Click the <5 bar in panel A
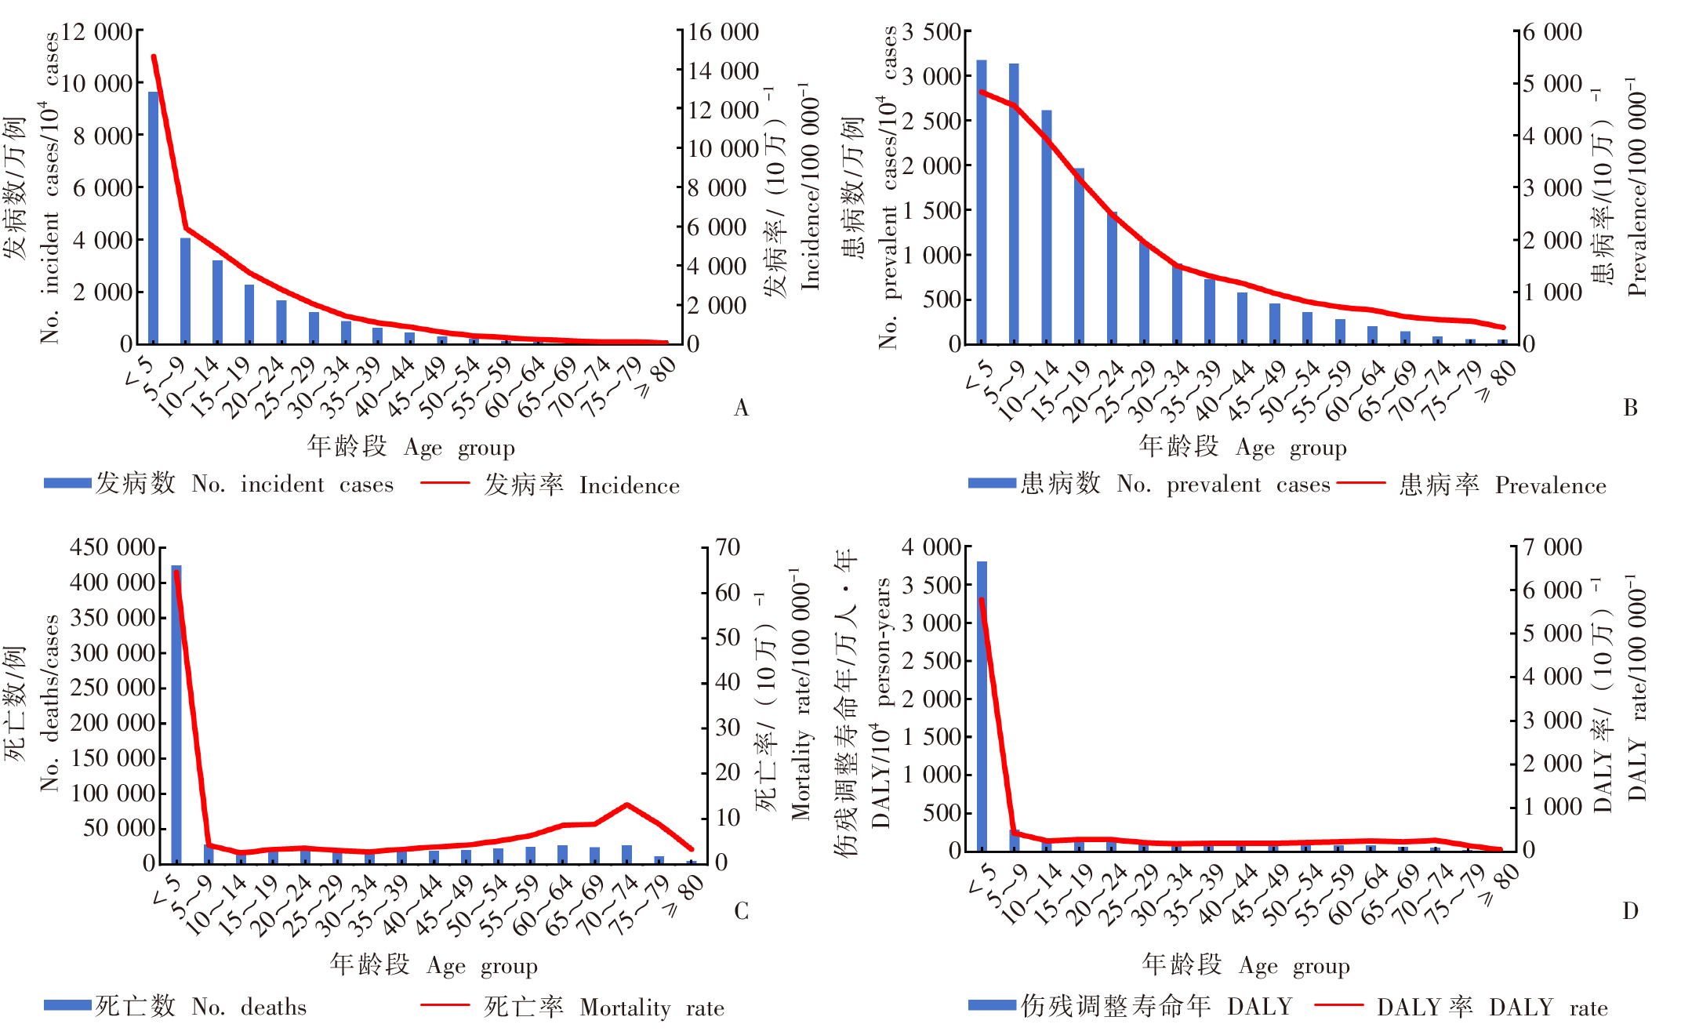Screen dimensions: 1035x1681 (153, 218)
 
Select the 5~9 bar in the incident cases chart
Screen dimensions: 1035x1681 (185, 291)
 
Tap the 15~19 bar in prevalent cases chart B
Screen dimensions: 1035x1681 (1079, 256)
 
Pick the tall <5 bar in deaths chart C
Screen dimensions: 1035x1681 (176, 714)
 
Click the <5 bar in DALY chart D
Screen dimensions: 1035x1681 (982, 706)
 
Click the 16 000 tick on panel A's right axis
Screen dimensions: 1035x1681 (723, 32)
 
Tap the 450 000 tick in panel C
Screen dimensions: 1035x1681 (112, 547)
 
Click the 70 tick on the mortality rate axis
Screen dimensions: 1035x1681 (728, 547)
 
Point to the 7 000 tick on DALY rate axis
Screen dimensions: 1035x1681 (1552, 547)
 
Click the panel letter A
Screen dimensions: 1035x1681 (741, 408)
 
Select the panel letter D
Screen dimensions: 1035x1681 (1630, 911)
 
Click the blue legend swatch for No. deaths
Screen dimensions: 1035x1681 (67, 1005)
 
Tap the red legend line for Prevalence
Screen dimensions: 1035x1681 (1361, 483)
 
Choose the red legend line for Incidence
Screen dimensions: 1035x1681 (445, 483)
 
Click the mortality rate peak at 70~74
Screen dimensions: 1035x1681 (626, 804)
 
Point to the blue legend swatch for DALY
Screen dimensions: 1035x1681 (992, 1005)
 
